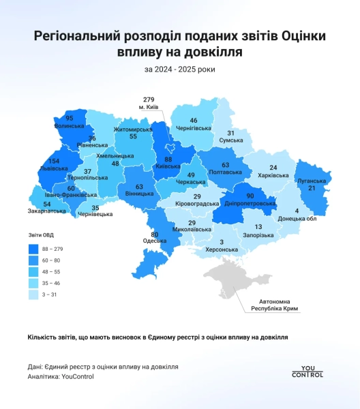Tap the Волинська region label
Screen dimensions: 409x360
[x=70, y=126]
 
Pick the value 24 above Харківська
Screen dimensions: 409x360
[x=273, y=168]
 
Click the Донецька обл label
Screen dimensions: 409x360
[x=297, y=219]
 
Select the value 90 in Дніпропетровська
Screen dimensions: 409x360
[x=250, y=196]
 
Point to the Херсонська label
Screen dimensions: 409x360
[x=222, y=250]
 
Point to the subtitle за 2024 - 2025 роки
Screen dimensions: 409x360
[x=179, y=69]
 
